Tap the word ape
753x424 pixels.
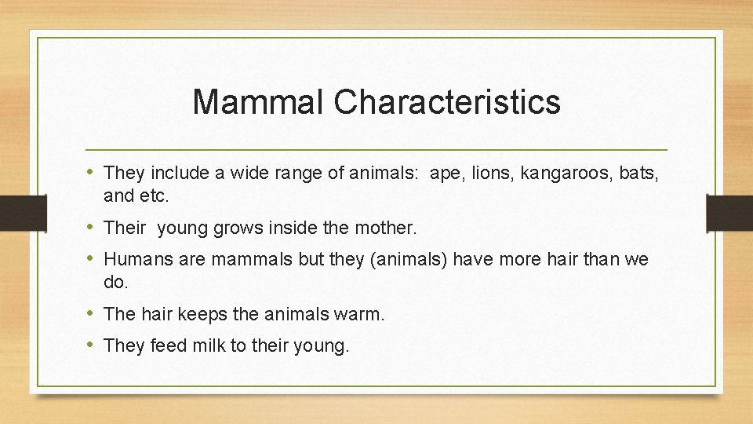(447, 173)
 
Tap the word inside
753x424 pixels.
(315, 228)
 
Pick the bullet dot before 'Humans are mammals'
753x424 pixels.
(92, 259)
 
